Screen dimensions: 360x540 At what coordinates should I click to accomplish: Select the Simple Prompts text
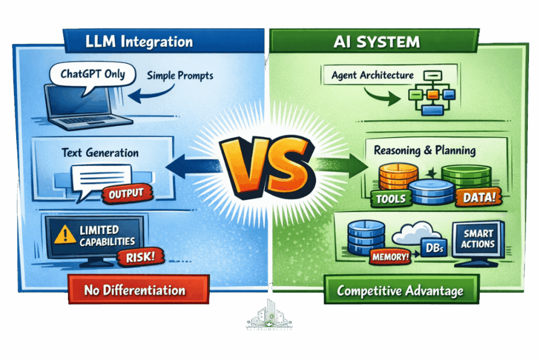pyautogui.click(x=180, y=76)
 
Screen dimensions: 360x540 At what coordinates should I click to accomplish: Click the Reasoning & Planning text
pyautogui.click(x=425, y=150)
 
